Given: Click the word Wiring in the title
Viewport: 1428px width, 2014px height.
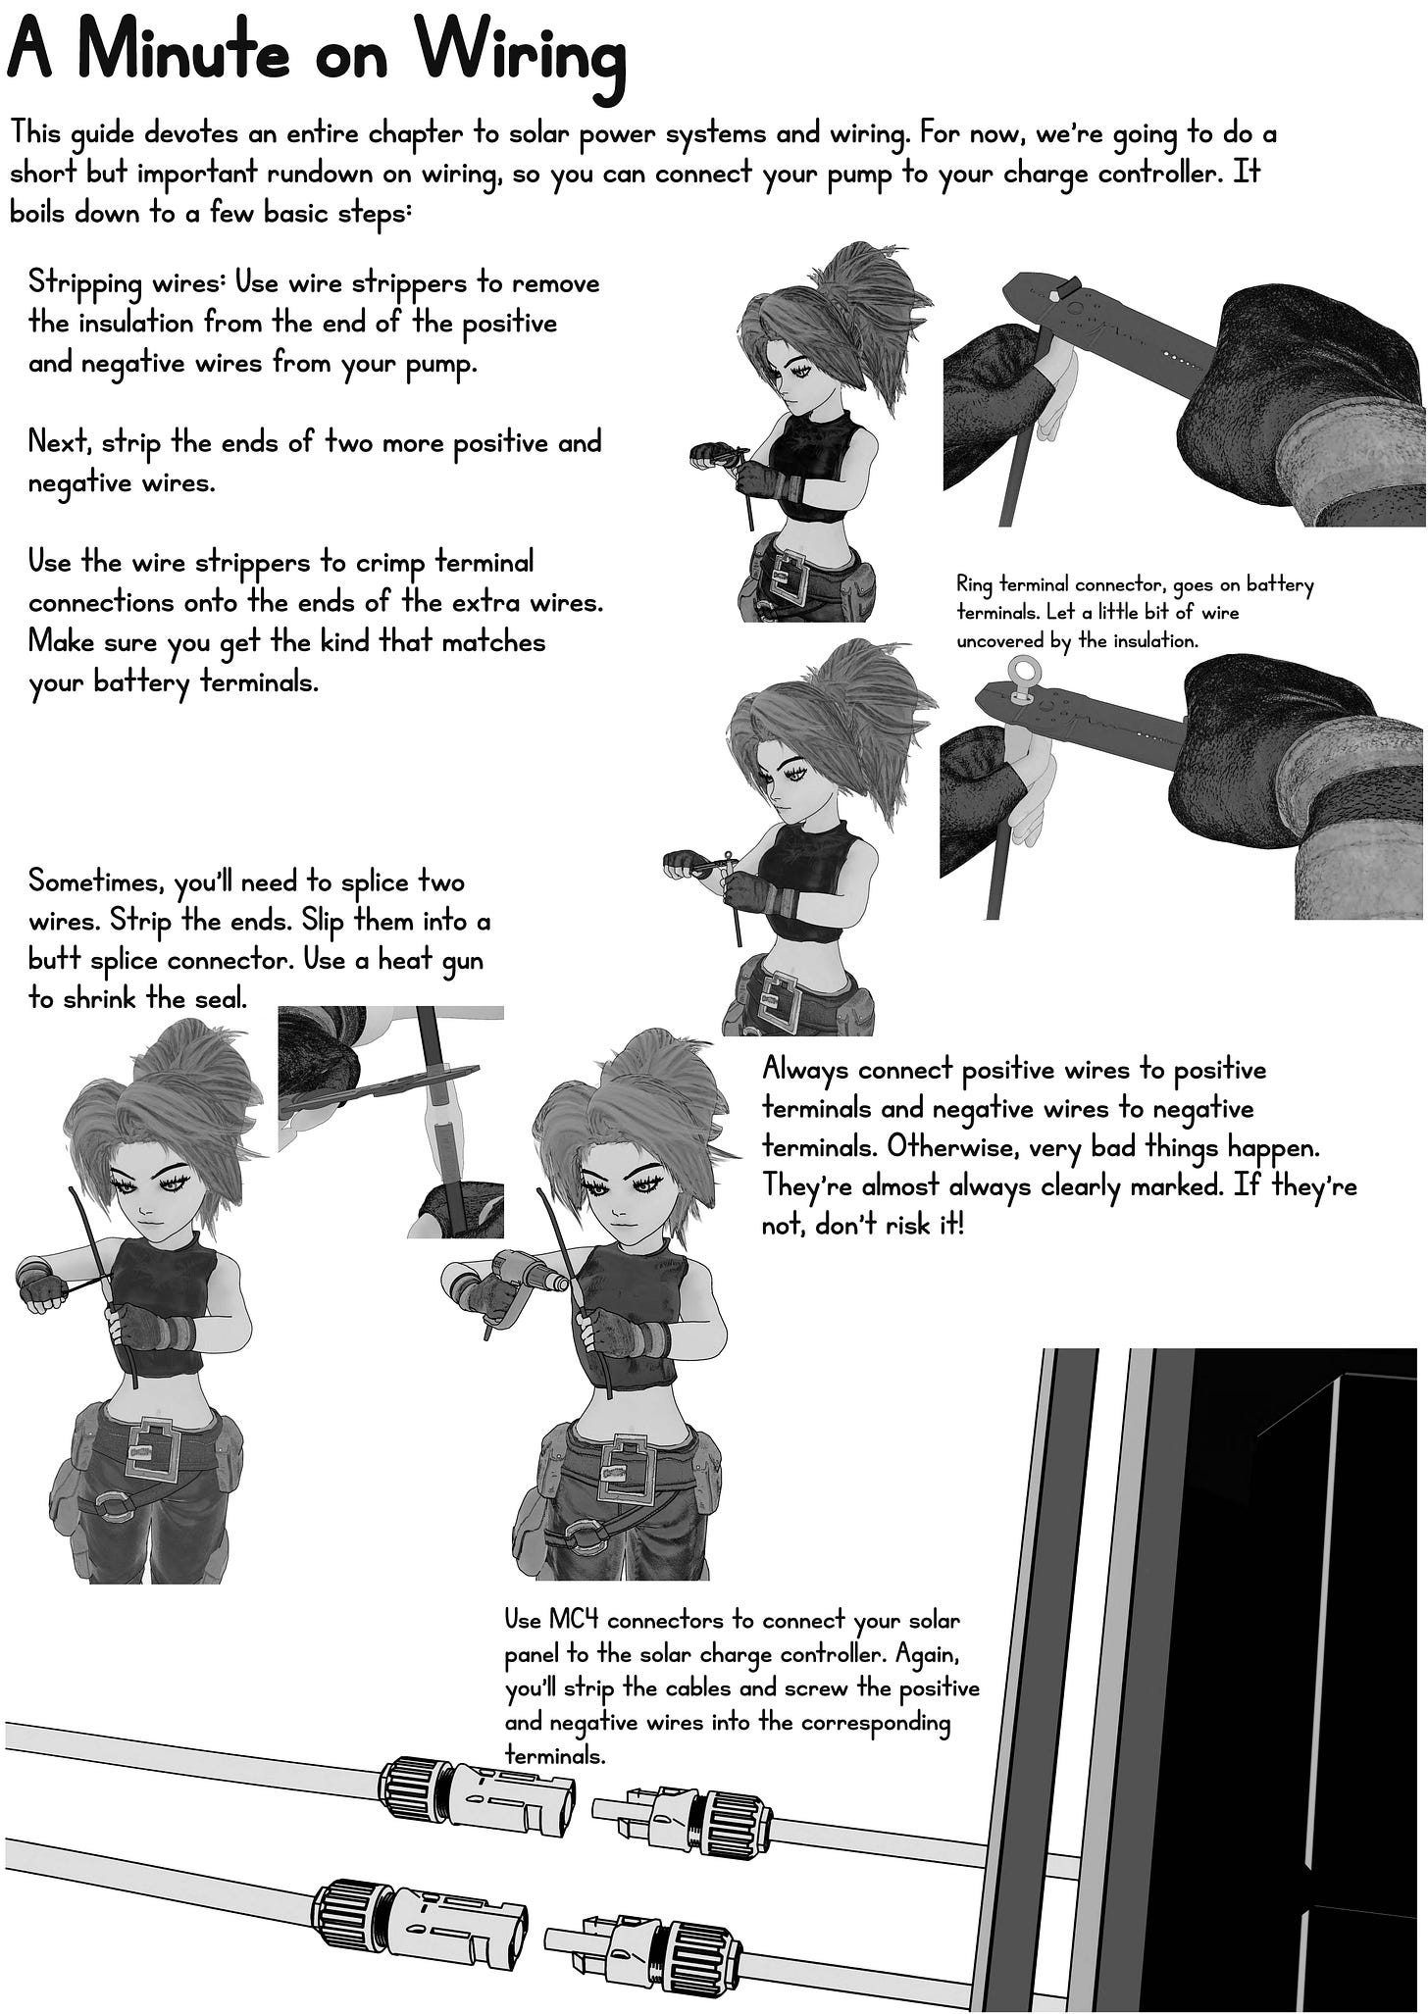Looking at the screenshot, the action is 513,57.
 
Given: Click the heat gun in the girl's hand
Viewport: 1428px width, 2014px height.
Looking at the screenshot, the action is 505,1285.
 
